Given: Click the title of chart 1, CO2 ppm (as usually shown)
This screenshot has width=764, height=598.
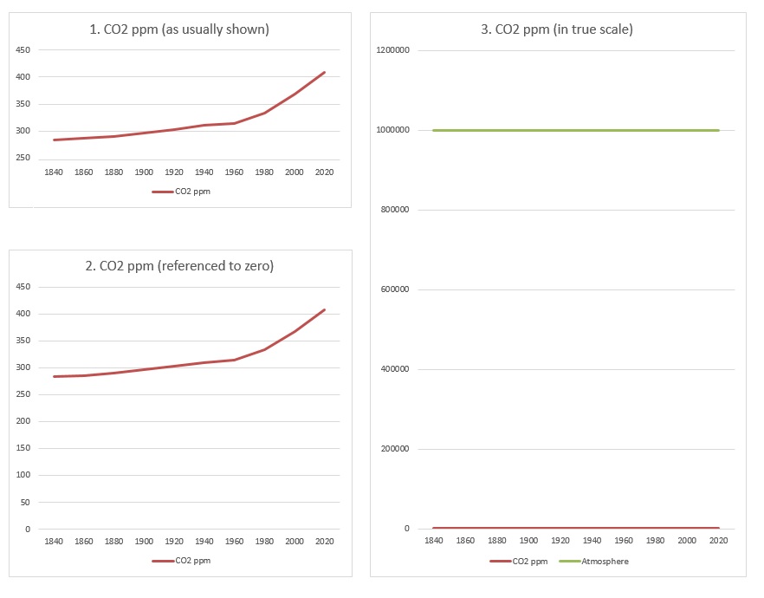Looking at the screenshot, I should point(180,29).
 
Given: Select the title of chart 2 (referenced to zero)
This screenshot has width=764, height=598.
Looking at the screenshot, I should point(180,266).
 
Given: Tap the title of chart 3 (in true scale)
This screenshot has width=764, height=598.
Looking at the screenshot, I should point(558,29).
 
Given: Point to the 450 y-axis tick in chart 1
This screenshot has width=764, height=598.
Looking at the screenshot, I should point(23,50).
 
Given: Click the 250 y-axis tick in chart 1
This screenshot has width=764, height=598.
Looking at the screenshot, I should point(23,159).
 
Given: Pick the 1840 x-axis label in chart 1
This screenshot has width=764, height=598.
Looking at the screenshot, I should point(54,172).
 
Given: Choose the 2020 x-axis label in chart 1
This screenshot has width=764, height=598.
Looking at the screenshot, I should point(325,172).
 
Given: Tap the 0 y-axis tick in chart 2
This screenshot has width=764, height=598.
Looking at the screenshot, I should point(28,530).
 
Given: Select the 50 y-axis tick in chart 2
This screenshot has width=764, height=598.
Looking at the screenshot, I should point(26,503).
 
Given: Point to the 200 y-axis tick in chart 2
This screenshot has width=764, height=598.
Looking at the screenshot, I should point(23,422).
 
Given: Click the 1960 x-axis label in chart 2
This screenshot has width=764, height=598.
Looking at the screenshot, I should point(235,543).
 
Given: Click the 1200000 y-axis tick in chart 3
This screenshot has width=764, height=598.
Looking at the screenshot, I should point(392,50).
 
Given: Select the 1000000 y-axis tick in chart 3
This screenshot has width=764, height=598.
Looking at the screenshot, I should point(392,130).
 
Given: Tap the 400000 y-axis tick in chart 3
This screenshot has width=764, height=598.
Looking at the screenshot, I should point(395,370).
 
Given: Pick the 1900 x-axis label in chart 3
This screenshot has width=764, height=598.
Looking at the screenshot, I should point(528,542).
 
